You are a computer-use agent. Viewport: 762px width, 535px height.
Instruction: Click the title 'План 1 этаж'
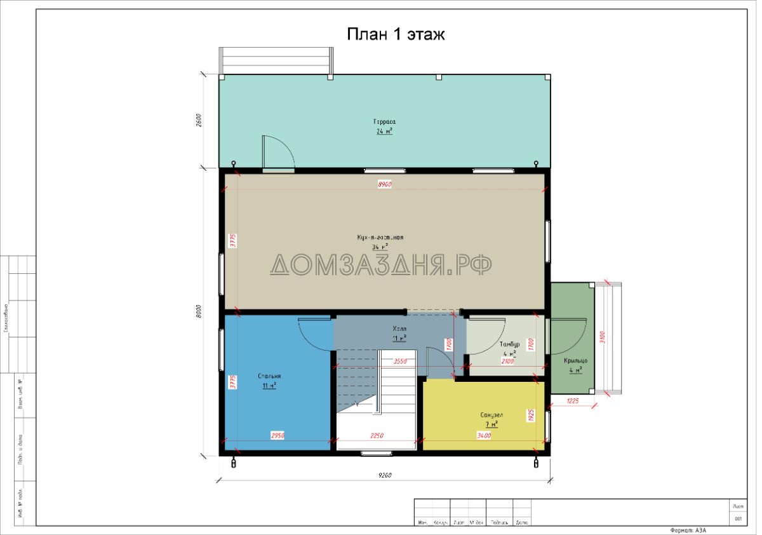pos(395,34)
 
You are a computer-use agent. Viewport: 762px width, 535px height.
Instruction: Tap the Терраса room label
pos(384,121)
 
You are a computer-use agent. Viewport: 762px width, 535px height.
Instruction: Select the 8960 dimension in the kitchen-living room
pos(384,184)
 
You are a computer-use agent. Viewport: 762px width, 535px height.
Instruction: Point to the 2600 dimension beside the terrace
pos(198,121)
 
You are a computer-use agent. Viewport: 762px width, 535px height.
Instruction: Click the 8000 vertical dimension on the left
pos(198,312)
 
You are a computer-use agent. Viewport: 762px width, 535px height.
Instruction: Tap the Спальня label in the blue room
pos(269,376)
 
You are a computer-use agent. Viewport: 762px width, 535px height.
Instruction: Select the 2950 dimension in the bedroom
pos(277,436)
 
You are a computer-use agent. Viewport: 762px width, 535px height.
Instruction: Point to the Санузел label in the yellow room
pos(491,414)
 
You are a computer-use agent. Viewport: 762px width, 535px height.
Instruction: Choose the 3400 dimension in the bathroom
pos(484,436)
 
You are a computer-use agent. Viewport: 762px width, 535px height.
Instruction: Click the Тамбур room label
pos(509,344)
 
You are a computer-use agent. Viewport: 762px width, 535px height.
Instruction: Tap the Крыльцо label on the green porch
pos(575,361)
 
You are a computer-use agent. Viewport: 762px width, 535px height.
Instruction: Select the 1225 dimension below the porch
pos(573,400)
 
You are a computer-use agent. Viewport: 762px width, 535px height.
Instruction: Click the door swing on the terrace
pos(277,152)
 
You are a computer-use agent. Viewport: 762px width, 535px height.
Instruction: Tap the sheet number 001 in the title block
pos(738,518)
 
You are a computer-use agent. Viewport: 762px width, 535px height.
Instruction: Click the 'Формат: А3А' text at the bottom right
pos(688,530)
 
